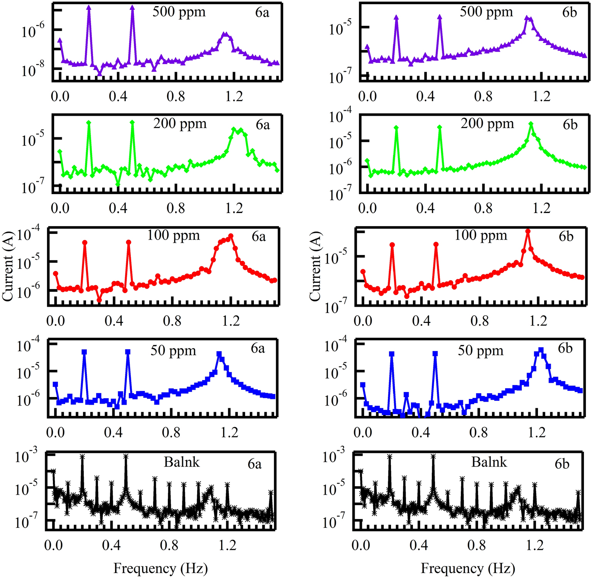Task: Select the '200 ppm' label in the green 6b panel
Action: (x=487, y=123)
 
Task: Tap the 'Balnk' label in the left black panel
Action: (x=181, y=462)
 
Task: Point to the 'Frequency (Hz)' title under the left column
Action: (x=161, y=568)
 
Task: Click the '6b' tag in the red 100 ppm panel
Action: (x=566, y=236)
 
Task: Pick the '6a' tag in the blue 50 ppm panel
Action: (x=258, y=348)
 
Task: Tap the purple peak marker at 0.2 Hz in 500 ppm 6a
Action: (x=89, y=7)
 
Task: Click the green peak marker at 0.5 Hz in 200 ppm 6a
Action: (x=132, y=123)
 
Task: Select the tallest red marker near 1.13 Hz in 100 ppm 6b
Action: (x=528, y=232)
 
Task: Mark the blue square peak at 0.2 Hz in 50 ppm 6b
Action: (x=392, y=354)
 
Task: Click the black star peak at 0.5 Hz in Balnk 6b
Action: (x=433, y=456)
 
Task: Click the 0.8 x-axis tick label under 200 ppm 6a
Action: (x=176, y=208)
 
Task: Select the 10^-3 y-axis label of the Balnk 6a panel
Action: (x=26, y=457)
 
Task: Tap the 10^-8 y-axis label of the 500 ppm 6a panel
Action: (x=32, y=70)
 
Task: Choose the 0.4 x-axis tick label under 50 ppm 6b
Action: (x=421, y=432)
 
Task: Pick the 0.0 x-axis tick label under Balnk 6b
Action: (x=361, y=545)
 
